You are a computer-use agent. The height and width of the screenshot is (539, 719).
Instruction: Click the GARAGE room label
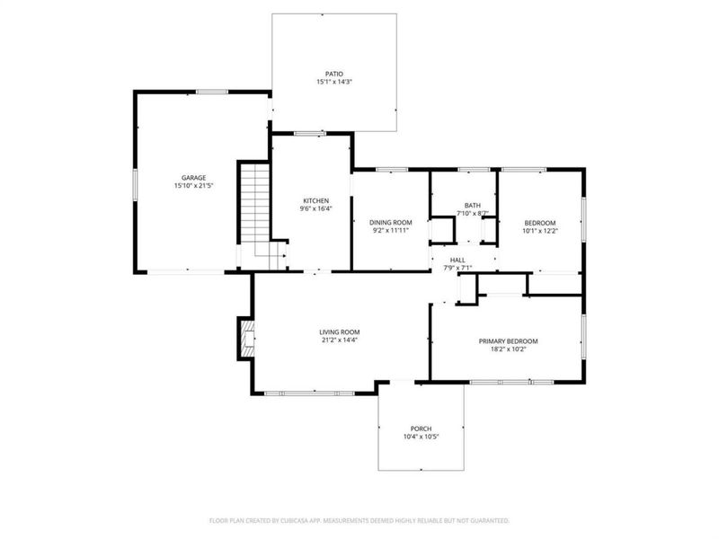pyautogui.click(x=193, y=178)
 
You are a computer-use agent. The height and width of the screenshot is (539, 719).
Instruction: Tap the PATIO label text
pyautogui.click(x=334, y=74)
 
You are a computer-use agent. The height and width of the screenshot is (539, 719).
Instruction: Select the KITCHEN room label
pyautogui.click(x=316, y=200)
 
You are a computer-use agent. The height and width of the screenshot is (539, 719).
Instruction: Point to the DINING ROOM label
pyautogui.click(x=391, y=223)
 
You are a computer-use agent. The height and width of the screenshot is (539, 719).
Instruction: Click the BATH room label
pyautogui.click(x=473, y=206)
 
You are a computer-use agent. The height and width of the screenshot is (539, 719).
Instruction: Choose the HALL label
pyautogui.click(x=457, y=261)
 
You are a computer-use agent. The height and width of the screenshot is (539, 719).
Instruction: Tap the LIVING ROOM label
pyautogui.click(x=340, y=332)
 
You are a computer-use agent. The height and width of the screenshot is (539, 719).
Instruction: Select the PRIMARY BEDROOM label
pyautogui.click(x=508, y=341)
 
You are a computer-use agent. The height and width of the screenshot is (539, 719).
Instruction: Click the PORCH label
pyautogui.click(x=421, y=429)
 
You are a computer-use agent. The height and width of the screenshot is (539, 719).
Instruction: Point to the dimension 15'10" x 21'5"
pyautogui.click(x=194, y=186)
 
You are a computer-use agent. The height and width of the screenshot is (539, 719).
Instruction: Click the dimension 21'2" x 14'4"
pyautogui.click(x=340, y=340)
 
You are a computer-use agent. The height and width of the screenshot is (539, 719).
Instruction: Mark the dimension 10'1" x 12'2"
pyautogui.click(x=540, y=231)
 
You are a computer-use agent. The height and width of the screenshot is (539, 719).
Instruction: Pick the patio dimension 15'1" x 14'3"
pyautogui.click(x=334, y=82)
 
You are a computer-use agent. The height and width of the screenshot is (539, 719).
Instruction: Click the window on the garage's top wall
pyautogui.click(x=212, y=93)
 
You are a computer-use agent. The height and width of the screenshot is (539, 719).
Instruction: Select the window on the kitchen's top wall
pyautogui.click(x=309, y=134)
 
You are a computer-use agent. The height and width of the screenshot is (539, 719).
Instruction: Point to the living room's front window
pyautogui.click(x=309, y=393)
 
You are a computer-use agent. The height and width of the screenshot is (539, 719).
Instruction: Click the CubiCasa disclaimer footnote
pyautogui.click(x=359, y=521)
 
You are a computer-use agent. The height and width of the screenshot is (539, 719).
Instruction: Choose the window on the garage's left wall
pyautogui.click(x=136, y=184)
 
